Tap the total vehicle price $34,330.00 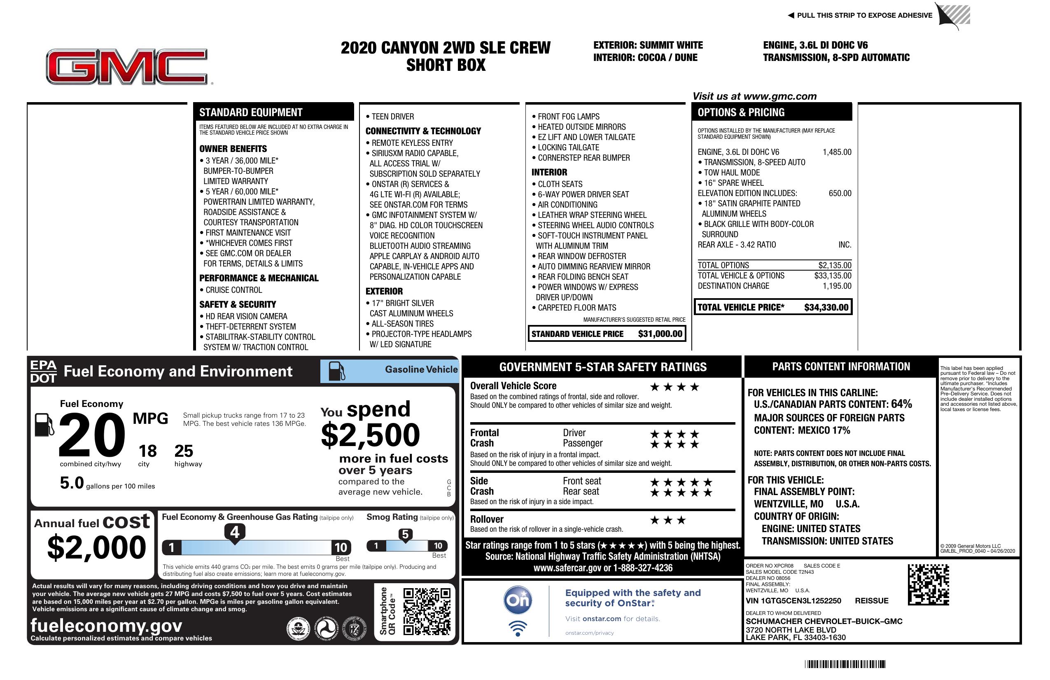(x=826, y=308)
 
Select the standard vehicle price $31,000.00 (x=660, y=334)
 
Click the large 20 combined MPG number (x=92, y=435)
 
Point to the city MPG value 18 (x=147, y=451)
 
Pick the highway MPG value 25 (x=184, y=451)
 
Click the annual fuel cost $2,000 (x=96, y=548)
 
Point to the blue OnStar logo (x=518, y=600)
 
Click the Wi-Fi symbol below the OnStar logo (x=518, y=628)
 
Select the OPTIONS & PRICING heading (x=741, y=112)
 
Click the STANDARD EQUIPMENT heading (x=251, y=112)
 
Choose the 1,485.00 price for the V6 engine (x=836, y=152)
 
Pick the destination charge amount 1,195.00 (x=836, y=286)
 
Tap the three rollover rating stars (x=668, y=521)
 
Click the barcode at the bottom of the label (x=845, y=664)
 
